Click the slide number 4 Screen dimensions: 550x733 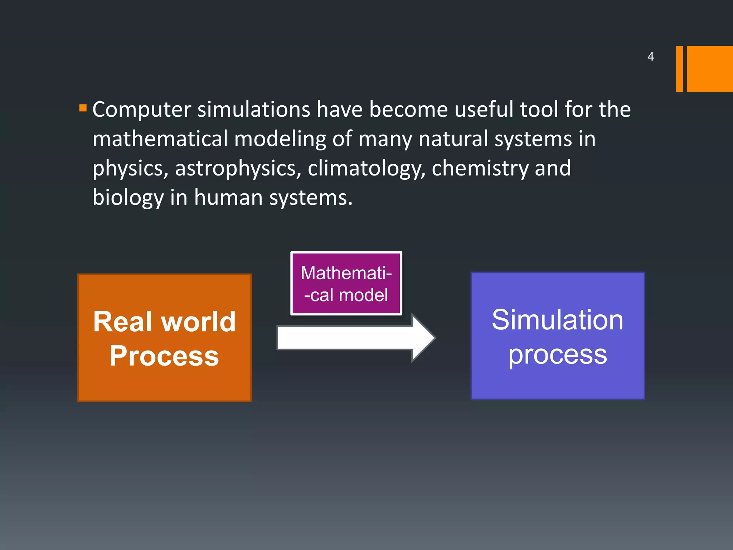click(650, 57)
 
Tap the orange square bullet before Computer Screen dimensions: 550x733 click(83, 108)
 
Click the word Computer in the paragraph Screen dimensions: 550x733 click(141, 110)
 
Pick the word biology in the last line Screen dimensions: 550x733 click(128, 198)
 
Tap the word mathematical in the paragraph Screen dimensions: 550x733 click(160, 139)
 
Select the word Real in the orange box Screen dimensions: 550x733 click(124, 322)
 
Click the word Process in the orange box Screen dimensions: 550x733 click(164, 356)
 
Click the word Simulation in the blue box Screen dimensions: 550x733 click(557, 319)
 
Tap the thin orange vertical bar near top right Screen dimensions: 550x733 click(679, 69)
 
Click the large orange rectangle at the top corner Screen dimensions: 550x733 click(709, 69)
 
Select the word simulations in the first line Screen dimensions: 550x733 click(254, 110)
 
